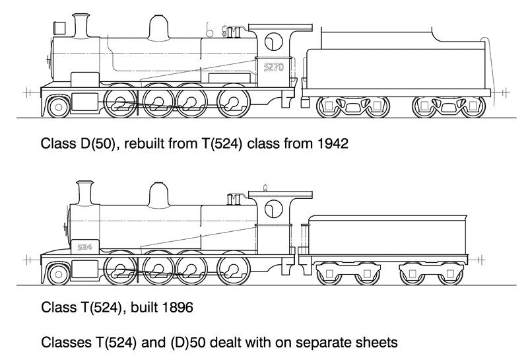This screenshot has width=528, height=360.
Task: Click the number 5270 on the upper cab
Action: tap(273, 67)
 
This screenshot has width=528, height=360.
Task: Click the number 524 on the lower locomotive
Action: tap(84, 246)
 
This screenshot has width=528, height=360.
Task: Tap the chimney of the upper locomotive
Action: tap(81, 26)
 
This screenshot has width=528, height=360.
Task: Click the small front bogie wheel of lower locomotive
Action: tap(58, 271)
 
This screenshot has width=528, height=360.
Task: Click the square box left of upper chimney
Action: tap(59, 27)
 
